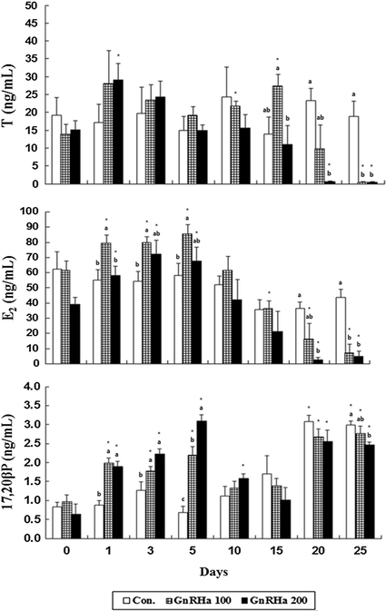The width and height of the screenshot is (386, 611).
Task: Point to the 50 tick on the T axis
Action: coord(35,5)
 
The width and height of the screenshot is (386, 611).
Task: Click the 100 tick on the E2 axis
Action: coord(33,211)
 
